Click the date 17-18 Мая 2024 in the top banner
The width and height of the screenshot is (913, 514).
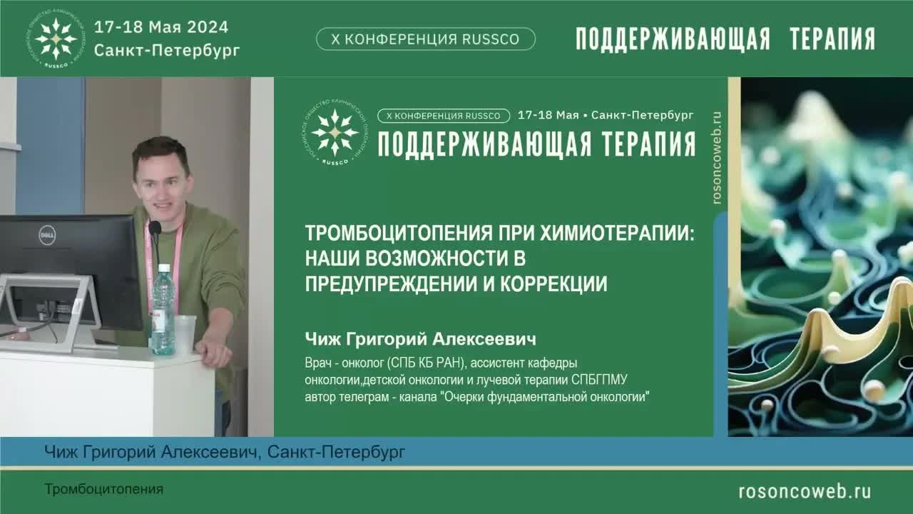[x=161, y=27]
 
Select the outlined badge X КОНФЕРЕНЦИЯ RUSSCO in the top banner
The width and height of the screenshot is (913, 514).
[x=425, y=39]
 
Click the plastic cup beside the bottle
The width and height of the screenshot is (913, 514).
[x=185, y=333]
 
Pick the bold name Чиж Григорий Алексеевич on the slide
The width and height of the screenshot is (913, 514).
[x=420, y=338]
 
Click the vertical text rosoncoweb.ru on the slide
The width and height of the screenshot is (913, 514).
[x=717, y=158]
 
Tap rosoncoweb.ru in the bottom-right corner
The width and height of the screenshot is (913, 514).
[x=804, y=490]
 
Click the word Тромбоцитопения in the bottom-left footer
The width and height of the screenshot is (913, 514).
[x=104, y=489]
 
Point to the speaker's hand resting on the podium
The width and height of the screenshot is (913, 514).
[x=213, y=351]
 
